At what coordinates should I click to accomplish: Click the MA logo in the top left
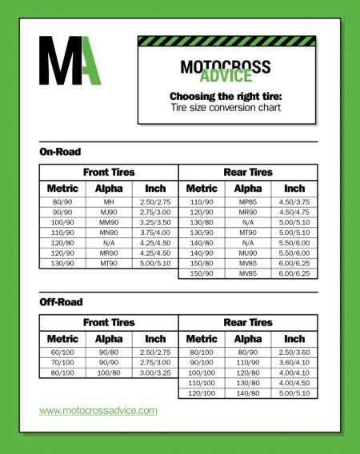tap(70, 60)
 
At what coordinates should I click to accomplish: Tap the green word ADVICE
tap(226, 78)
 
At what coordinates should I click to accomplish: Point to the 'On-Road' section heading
tap(60, 152)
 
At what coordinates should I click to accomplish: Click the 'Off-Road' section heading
tap(61, 302)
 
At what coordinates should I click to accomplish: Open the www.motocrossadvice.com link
tap(98, 411)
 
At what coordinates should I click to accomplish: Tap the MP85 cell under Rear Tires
tap(248, 202)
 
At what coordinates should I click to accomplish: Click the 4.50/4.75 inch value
tap(294, 213)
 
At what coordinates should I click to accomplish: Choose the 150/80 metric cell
tap(202, 262)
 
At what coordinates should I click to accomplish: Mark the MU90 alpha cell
tap(248, 252)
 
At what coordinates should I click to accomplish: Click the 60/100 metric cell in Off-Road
tap(62, 352)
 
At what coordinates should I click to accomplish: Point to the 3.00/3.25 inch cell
tap(155, 372)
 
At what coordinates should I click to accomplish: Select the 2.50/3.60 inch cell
tap(294, 352)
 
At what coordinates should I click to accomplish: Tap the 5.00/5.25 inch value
tap(294, 394)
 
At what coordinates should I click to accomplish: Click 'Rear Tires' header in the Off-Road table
tap(248, 322)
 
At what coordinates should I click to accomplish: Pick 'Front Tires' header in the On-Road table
tap(109, 172)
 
